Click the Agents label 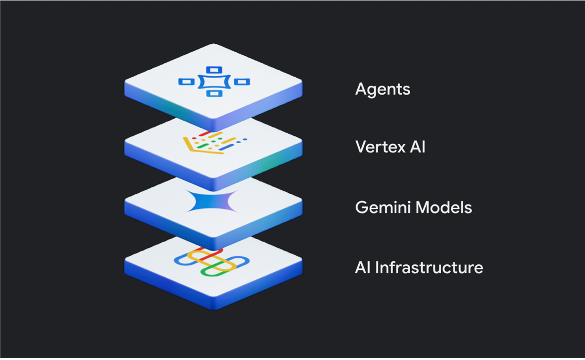tap(382, 90)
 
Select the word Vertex tap(380, 146)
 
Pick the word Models tap(443, 207)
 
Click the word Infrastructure tap(429, 268)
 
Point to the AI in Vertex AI tap(418, 146)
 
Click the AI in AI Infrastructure tap(363, 268)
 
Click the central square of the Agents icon tap(214, 82)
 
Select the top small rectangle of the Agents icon tap(214, 70)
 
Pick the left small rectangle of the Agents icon tap(186, 82)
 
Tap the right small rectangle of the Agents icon tap(242, 82)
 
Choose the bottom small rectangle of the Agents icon tap(215, 93)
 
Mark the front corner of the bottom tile tap(214, 309)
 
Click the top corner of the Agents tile tap(214, 44)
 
